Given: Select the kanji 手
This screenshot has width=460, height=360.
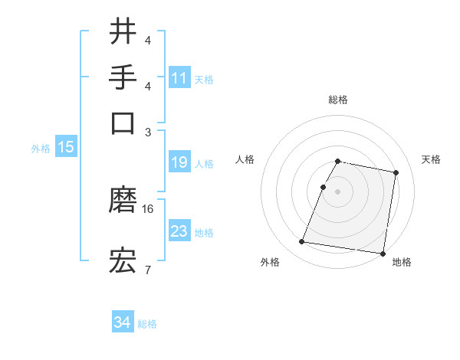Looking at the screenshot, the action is (123, 77).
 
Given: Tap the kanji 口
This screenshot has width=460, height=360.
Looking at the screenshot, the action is (123, 123).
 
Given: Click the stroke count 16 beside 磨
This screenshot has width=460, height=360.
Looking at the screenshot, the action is (148, 208).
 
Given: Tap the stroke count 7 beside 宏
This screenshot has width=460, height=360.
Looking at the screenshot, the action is (147, 269).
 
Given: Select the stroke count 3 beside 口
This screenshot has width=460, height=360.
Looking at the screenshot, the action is (148, 131).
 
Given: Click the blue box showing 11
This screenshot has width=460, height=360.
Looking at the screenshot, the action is (179, 77).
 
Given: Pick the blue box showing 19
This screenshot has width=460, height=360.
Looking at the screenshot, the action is (179, 162).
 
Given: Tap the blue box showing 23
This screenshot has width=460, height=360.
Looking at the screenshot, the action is (179, 231).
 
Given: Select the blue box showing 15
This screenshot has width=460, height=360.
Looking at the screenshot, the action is (66, 147).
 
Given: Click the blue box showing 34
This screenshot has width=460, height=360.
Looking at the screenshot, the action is (122, 322).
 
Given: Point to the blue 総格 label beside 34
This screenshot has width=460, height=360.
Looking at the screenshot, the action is (147, 324).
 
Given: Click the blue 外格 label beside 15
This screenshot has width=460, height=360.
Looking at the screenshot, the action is (41, 149).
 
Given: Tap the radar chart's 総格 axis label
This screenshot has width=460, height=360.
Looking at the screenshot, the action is (338, 100).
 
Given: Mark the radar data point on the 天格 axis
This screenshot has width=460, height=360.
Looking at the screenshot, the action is (396, 173).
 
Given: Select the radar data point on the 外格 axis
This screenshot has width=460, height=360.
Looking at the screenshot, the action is (302, 242).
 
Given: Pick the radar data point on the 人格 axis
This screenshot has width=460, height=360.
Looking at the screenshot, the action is (324, 186).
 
